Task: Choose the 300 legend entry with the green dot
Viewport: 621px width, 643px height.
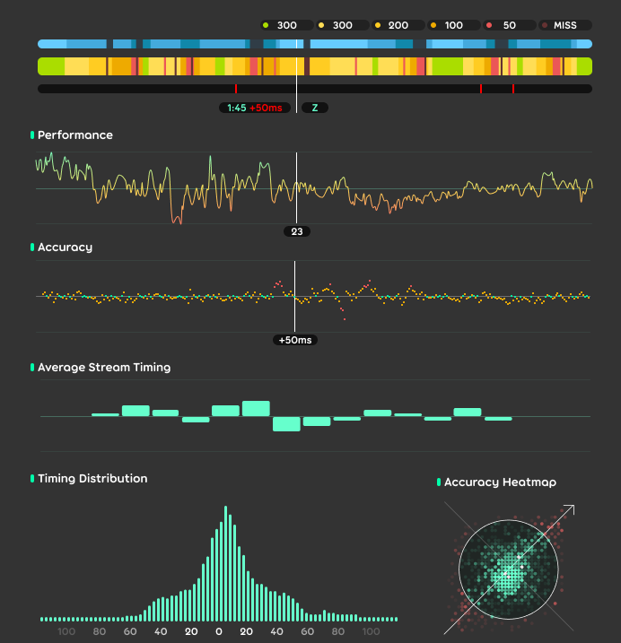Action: point(286,25)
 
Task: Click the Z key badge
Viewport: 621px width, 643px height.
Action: point(314,108)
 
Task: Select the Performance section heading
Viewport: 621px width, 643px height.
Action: point(75,135)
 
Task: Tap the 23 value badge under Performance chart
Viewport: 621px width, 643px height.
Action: point(297,231)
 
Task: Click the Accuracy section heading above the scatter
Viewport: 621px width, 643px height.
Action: point(65,247)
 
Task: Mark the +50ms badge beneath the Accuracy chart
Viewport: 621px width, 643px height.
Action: point(296,341)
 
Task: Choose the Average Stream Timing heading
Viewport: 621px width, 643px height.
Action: point(104,367)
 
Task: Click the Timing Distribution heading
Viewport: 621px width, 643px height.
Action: point(92,479)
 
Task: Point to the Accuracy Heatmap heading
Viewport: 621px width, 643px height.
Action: point(500,482)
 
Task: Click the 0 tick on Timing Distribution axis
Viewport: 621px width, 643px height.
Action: point(219,631)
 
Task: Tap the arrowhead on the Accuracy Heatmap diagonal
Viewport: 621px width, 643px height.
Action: point(571,509)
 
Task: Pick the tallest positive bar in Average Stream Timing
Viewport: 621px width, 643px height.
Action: point(256,408)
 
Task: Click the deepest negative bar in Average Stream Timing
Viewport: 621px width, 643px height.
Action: point(286,424)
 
